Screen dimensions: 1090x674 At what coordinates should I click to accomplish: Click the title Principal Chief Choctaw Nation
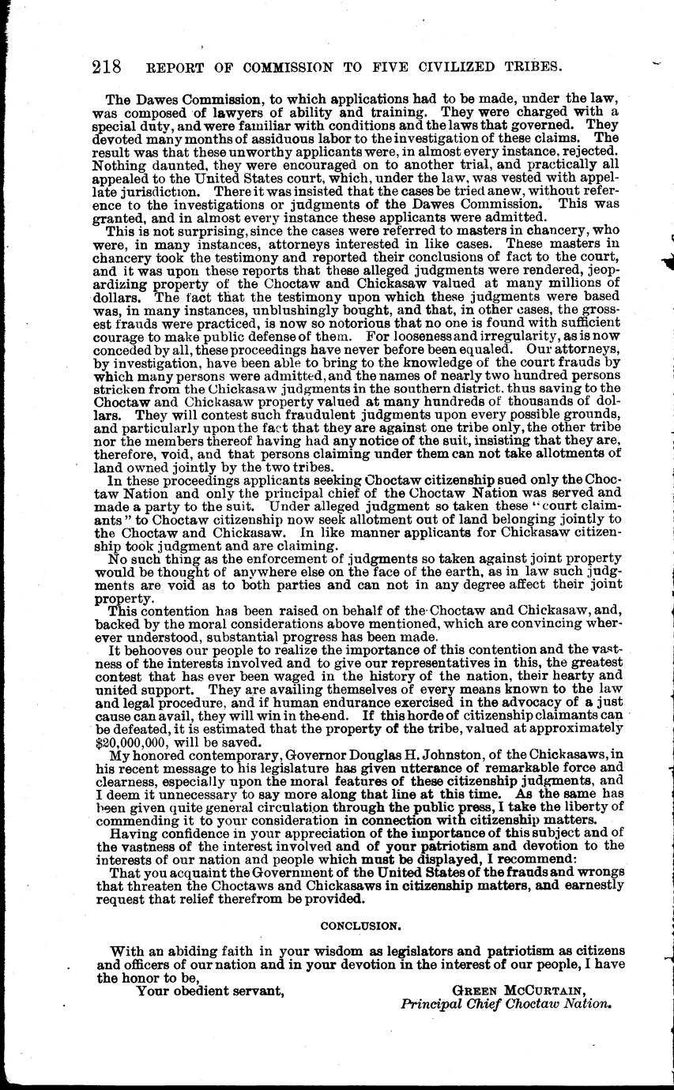pos(506,1005)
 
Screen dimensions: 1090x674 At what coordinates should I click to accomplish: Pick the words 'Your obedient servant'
pos(209,990)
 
